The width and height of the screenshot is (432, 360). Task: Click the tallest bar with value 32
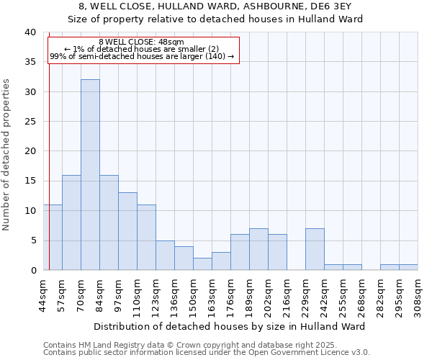tap(90, 175)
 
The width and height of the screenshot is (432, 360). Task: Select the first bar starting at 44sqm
tap(53, 238)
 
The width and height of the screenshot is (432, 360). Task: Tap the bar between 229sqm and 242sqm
tap(315, 249)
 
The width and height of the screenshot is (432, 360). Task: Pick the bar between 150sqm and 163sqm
tap(202, 264)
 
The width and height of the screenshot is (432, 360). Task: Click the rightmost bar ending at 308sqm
tap(408, 267)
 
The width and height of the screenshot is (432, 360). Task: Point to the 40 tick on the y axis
tap(30, 32)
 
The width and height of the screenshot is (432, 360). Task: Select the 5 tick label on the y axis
tap(33, 240)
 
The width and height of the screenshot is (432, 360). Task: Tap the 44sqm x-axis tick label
tap(43, 292)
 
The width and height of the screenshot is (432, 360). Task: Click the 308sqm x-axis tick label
tap(418, 292)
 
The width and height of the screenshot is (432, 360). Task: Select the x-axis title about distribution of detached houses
tap(230, 326)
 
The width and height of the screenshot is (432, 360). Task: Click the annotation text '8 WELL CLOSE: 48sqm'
tap(141, 42)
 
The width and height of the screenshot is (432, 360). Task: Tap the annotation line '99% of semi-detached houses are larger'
tap(142, 56)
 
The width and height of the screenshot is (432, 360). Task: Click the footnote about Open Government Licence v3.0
tap(207, 353)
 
